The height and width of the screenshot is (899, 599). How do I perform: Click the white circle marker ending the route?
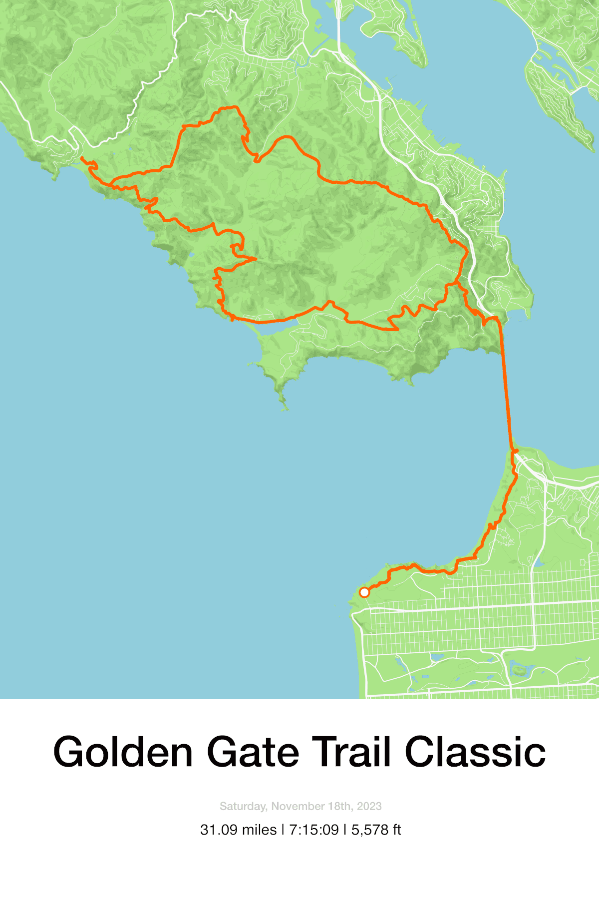point(364,592)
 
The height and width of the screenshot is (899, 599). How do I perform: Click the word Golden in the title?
point(123,752)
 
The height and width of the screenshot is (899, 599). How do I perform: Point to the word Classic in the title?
point(475,752)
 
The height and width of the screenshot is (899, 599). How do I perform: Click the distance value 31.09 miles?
point(238,830)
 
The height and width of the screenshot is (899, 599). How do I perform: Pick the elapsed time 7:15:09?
point(314,830)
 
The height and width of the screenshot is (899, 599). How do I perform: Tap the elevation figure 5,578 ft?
point(376,830)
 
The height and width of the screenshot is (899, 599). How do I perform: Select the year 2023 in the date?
point(369,806)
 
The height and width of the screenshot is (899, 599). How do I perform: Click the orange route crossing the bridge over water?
point(506,390)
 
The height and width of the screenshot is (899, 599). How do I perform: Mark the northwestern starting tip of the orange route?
point(81,158)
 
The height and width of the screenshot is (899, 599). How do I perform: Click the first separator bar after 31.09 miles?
point(283,830)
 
